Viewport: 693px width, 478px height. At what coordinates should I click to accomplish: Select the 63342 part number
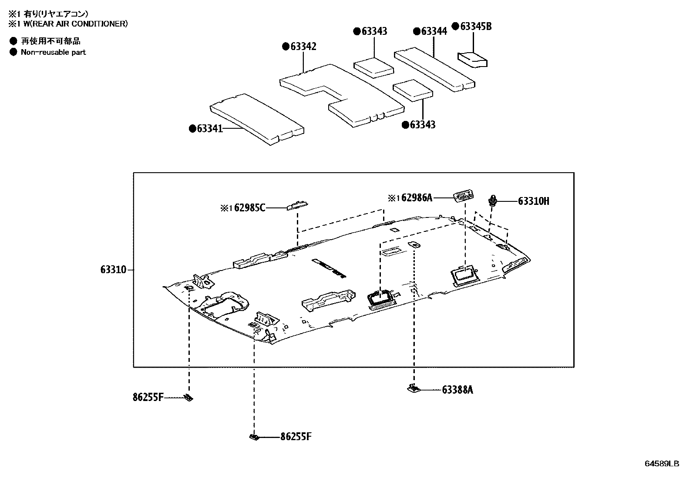pos(303,47)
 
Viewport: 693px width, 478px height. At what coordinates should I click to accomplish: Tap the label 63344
pos(434,31)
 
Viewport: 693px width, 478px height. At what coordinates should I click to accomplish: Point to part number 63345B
pos(476,27)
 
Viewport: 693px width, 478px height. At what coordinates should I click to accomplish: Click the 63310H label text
pos(533,201)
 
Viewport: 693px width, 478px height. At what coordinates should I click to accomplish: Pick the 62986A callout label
pos(417,198)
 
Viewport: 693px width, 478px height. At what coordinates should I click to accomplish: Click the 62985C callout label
pos(249,208)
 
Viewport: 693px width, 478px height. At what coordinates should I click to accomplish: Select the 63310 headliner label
pos(113,270)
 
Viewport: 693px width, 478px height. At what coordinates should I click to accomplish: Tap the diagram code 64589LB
pos(662,464)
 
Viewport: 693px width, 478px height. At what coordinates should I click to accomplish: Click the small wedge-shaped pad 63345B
pos(472,59)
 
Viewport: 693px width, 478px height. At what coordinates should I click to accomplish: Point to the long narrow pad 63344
pos(434,71)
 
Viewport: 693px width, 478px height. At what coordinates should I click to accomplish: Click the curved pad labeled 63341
pos(257,118)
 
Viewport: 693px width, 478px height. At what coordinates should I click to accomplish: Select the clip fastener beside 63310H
pos(493,201)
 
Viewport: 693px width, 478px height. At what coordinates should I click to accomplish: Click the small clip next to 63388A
pos(414,388)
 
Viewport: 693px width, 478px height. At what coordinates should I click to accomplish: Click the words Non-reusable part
pos(53,52)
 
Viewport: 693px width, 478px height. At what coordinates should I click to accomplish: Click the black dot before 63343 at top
pos(357,31)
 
